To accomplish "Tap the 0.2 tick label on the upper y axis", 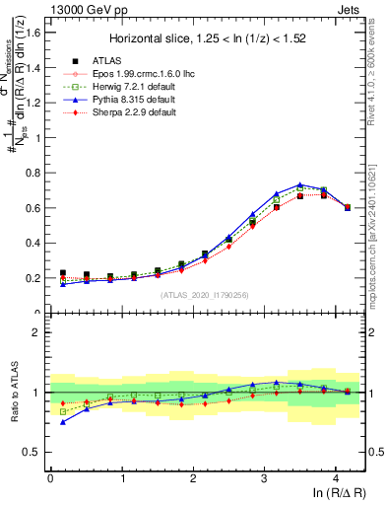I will (x=33, y=278).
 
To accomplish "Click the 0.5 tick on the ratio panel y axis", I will (x=33, y=452).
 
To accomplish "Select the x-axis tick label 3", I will (x=264, y=478).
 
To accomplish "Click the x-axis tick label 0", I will (x=50, y=478).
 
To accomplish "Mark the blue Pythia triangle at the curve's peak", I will (x=299, y=184).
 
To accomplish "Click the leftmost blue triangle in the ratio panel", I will (x=64, y=421).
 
